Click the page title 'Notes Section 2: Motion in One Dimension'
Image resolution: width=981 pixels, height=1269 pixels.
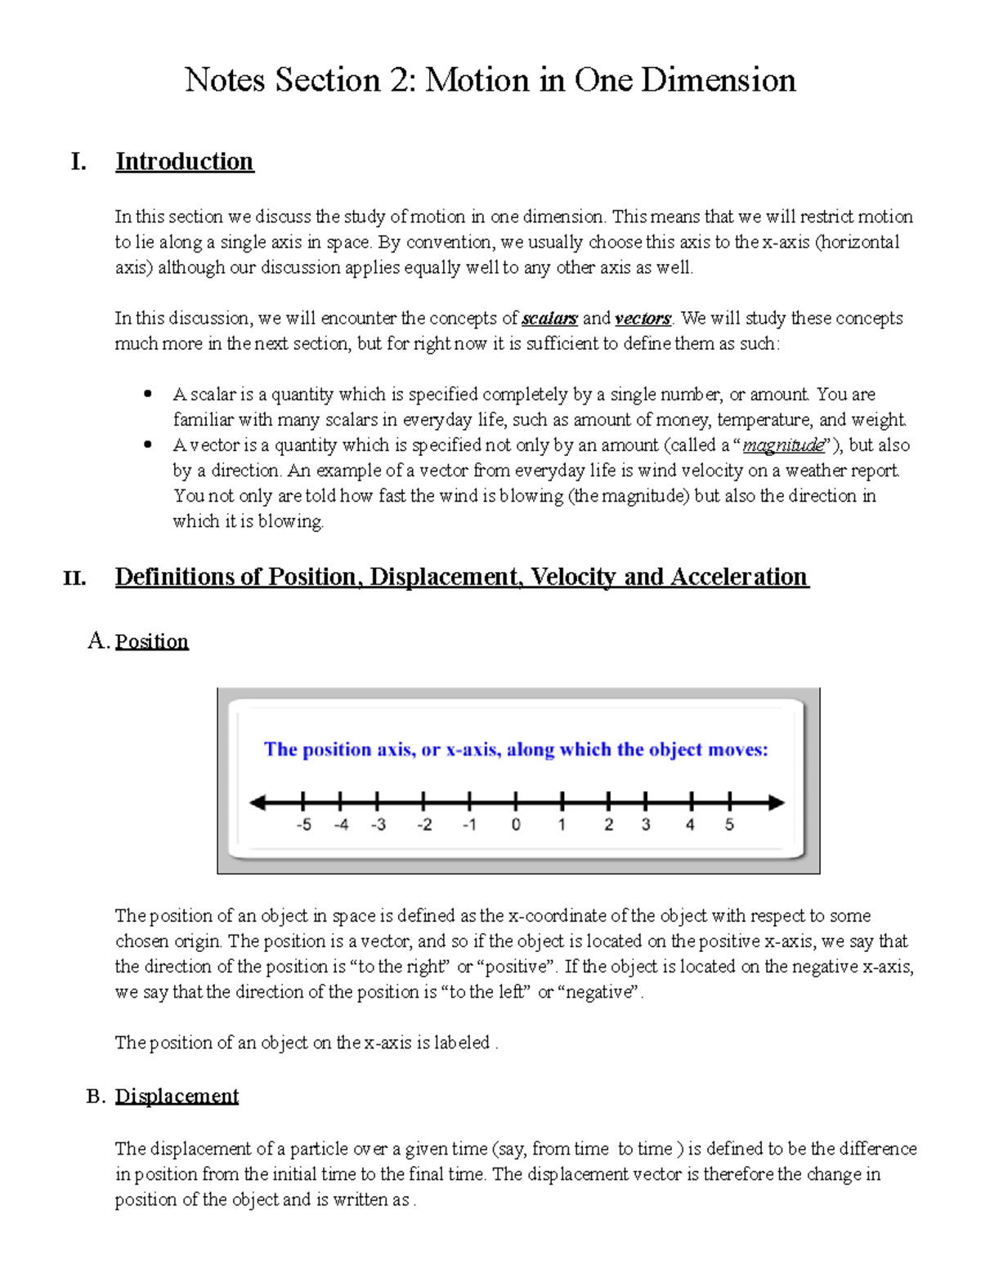(x=490, y=80)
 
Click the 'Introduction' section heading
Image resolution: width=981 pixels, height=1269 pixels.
(x=184, y=161)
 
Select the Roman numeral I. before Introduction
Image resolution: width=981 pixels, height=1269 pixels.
(x=78, y=162)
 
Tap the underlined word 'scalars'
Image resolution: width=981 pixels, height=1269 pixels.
(x=549, y=318)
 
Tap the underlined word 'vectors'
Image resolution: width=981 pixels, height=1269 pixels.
(x=643, y=318)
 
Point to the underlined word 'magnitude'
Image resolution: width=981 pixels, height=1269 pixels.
(x=783, y=445)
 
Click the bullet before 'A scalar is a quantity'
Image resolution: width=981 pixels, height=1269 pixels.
(x=148, y=394)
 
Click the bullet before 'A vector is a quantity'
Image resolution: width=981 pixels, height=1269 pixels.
(x=148, y=445)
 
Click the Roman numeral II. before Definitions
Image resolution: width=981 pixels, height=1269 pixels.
(x=74, y=579)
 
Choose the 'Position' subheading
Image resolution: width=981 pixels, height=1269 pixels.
(x=151, y=641)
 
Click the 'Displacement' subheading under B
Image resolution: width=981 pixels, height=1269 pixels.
(x=177, y=1096)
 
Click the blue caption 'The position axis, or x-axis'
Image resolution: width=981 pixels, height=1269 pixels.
(x=515, y=749)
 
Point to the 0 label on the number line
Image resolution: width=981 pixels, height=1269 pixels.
(x=516, y=824)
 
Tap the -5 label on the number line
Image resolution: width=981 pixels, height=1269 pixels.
(x=303, y=824)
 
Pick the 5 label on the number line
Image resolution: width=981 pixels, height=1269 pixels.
(x=729, y=824)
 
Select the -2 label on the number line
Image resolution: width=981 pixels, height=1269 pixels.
(x=424, y=824)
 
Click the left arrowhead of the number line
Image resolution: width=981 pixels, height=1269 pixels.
(x=258, y=803)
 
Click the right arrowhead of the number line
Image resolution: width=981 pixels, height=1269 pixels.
(x=777, y=803)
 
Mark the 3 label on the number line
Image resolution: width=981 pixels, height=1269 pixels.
(x=646, y=824)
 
